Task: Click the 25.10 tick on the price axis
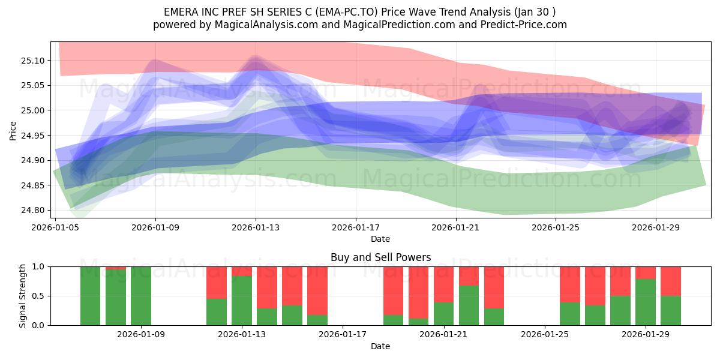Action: click(x=32, y=61)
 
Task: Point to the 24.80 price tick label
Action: click(x=32, y=210)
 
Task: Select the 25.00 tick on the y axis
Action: click(x=32, y=110)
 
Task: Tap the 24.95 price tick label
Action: click(x=32, y=136)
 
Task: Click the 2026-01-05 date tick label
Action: click(x=55, y=227)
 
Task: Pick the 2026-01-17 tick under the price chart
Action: click(x=356, y=227)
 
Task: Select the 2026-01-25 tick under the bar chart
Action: click(x=545, y=335)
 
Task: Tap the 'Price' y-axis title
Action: click(x=13, y=131)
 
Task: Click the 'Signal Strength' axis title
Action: click(x=22, y=296)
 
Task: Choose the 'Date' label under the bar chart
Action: click(x=380, y=346)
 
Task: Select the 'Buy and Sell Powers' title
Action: click(x=380, y=257)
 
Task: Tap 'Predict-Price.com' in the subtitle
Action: click(x=524, y=25)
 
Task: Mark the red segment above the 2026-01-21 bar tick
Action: click(x=444, y=284)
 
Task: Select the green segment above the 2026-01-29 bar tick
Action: click(x=646, y=302)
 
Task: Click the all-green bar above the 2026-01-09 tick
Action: click(x=141, y=296)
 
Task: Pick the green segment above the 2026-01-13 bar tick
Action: click(x=242, y=301)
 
